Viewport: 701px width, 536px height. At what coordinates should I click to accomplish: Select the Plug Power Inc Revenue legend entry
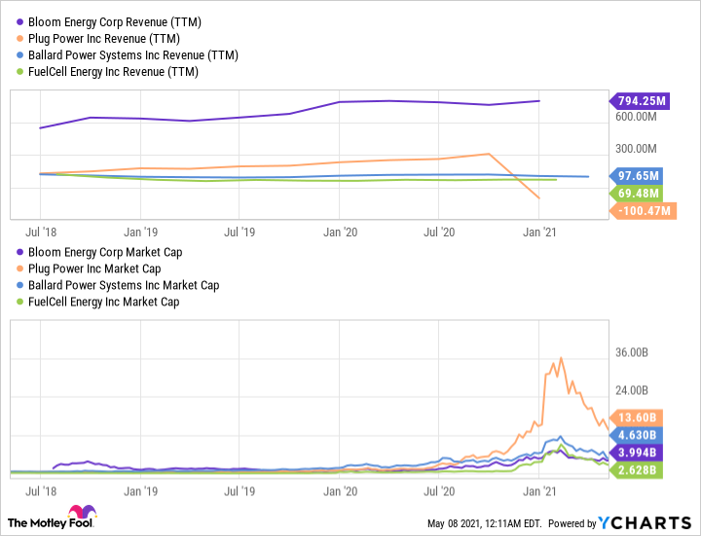104,38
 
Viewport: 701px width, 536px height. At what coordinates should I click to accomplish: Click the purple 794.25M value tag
639,100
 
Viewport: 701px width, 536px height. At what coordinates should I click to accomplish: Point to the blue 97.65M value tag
640,176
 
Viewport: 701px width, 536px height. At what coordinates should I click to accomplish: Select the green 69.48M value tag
640,194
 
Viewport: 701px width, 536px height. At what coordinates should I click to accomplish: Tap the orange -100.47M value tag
639,211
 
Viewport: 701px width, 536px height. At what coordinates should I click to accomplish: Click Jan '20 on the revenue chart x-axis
340,232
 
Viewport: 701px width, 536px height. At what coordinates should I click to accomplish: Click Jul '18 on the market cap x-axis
40,492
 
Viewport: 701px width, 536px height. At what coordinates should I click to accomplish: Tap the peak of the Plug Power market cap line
560,358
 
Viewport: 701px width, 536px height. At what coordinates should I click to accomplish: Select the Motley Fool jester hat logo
76,516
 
